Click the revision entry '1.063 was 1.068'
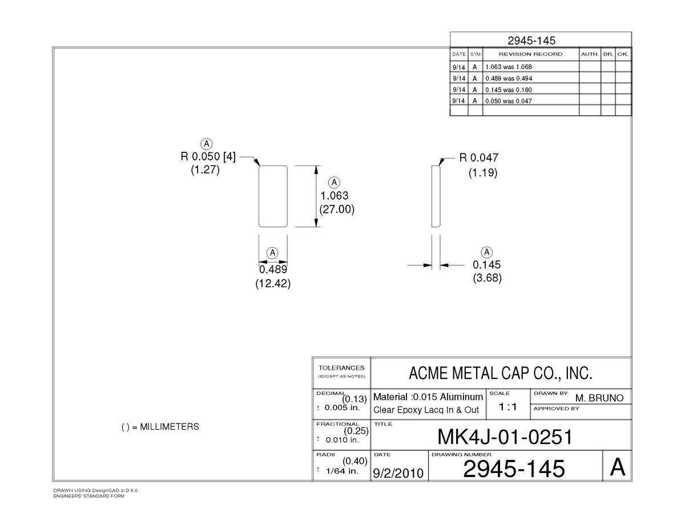pyautogui.click(x=508, y=67)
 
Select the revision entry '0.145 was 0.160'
pyautogui.click(x=508, y=90)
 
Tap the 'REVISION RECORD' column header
pyautogui.click(x=530, y=54)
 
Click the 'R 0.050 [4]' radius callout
pyautogui.click(x=208, y=156)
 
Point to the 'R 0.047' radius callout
pyautogui.click(x=479, y=158)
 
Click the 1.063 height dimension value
pyautogui.click(x=335, y=196)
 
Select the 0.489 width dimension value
pyautogui.click(x=273, y=269)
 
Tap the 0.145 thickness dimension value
pyautogui.click(x=486, y=265)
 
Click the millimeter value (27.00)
pyautogui.click(x=337, y=209)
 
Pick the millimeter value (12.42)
pyautogui.click(x=273, y=284)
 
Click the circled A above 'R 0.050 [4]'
pyautogui.click(x=207, y=144)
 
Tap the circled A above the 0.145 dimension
pyautogui.click(x=487, y=252)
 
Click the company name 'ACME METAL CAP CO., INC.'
pyautogui.click(x=501, y=373)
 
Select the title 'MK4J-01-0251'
pyautogui.click(x=505, y=437)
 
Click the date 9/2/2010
pyautogui.click(x=398, y=473)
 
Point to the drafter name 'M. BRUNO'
pyautogui.click(x=599, y=398)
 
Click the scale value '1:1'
pyautogui.click(x=508, y=407)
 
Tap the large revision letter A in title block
pyautogui.click(x=618, y=467)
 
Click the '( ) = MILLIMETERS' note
pyautogui.click(x=160, y=427)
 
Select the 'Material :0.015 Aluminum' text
pyautogui.click(x=428, y=397)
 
